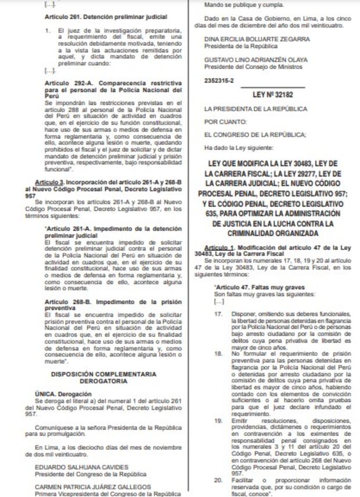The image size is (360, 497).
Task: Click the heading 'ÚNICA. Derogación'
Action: point(59,394)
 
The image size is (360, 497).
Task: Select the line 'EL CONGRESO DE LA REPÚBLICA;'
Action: point(254,135)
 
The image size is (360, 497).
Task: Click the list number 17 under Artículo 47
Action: point(218,314)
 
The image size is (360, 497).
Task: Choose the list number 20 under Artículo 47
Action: point(218,480)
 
